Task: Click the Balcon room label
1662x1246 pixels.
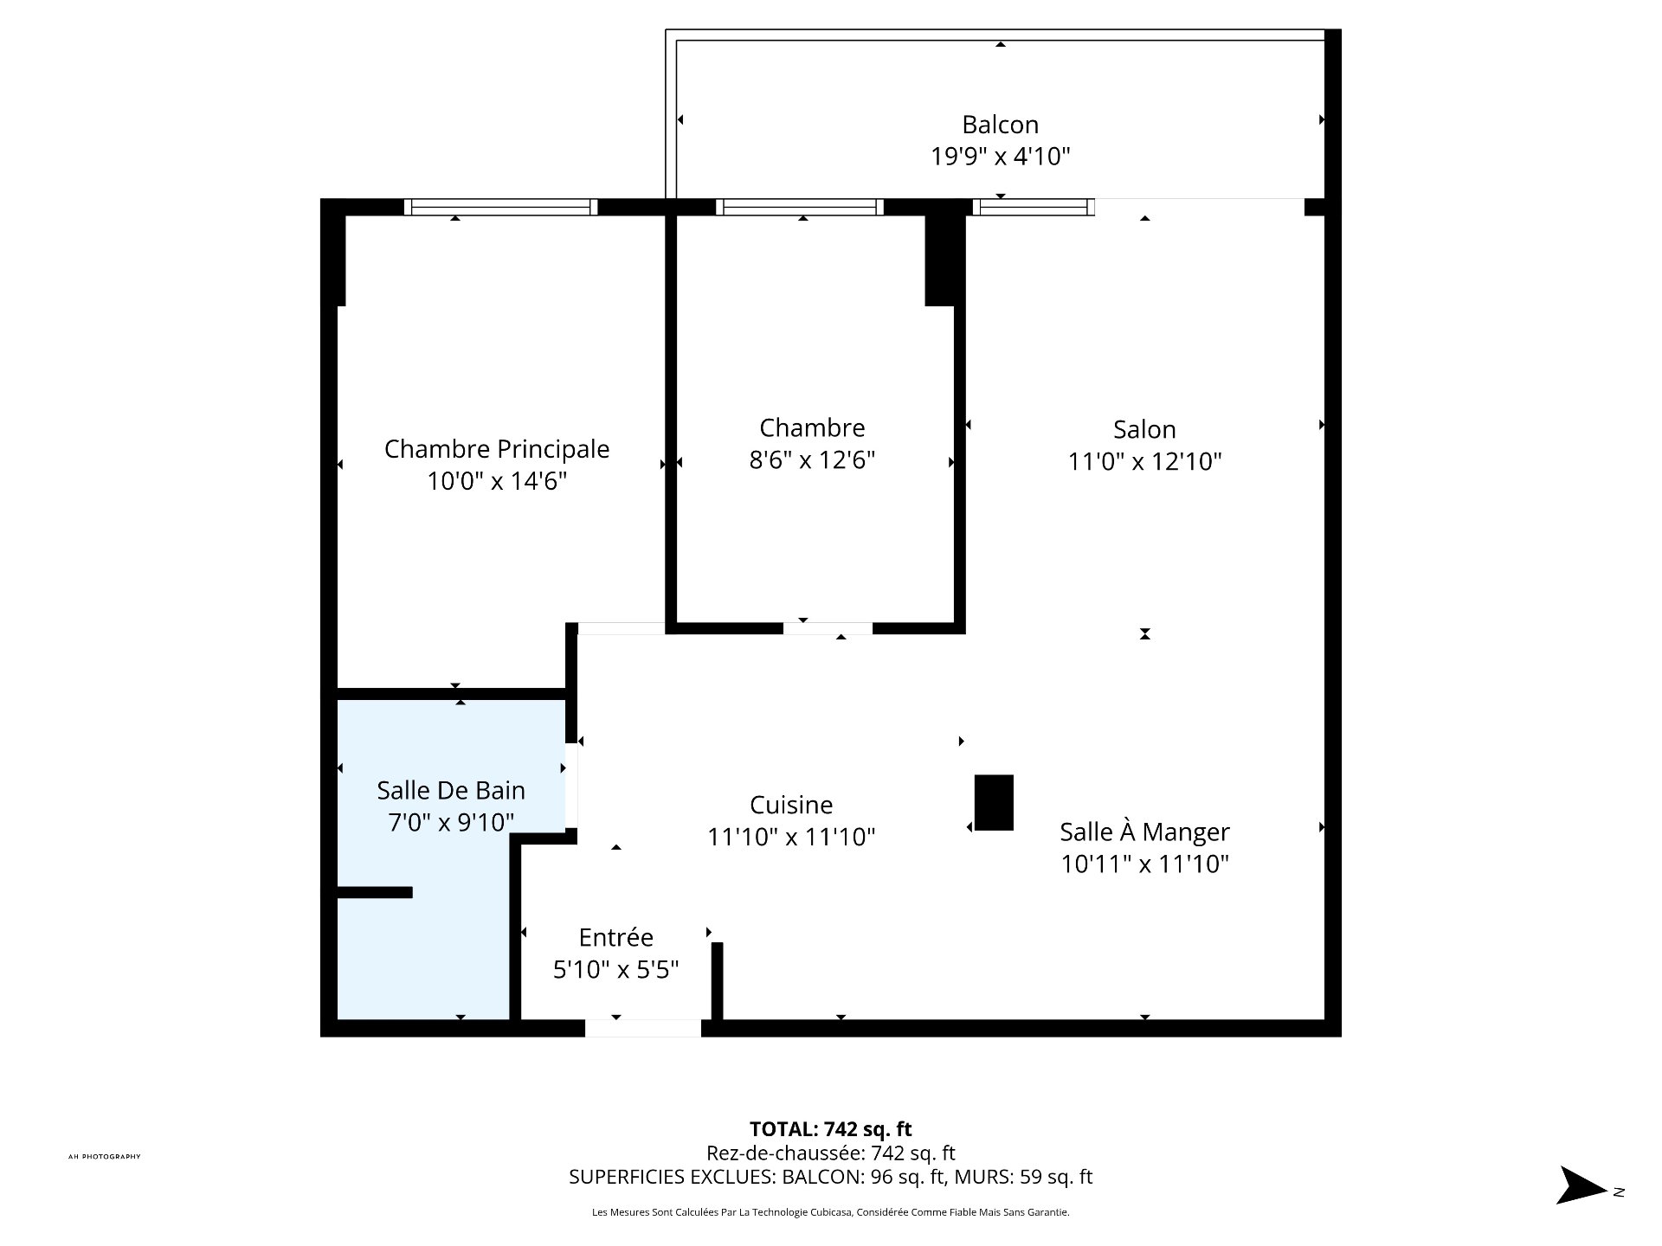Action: coord(1000,125)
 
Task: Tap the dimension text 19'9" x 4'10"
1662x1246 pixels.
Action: coord(1000,157)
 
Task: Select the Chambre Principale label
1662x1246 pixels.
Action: coord(496,449)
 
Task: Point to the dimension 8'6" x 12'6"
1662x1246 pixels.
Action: coord(812,459)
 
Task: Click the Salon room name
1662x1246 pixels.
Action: coord(1143,429)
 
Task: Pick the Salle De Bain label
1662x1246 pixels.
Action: coord(450,790)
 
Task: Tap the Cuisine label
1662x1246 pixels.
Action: coord(790,805)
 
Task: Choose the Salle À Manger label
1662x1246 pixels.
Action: coord(1143,832)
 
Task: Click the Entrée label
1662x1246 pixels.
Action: coord(615,937)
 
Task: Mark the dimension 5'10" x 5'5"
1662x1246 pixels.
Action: coord(615,969)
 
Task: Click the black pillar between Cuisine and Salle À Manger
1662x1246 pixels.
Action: coord(994,802)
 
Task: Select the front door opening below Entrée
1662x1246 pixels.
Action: coord(642,1028)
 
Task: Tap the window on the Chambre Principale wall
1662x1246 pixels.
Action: coord(500,207)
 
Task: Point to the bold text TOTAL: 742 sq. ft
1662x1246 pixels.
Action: coord(830,1128)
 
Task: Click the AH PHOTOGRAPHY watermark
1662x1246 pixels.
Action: coord(104,1157)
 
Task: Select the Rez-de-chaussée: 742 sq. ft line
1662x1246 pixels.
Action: coord(830,1153)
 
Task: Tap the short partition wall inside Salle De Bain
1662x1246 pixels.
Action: coord(374,892)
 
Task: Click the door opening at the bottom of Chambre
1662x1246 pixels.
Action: coord(828,628)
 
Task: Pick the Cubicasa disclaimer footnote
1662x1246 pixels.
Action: coord(830,1212)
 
